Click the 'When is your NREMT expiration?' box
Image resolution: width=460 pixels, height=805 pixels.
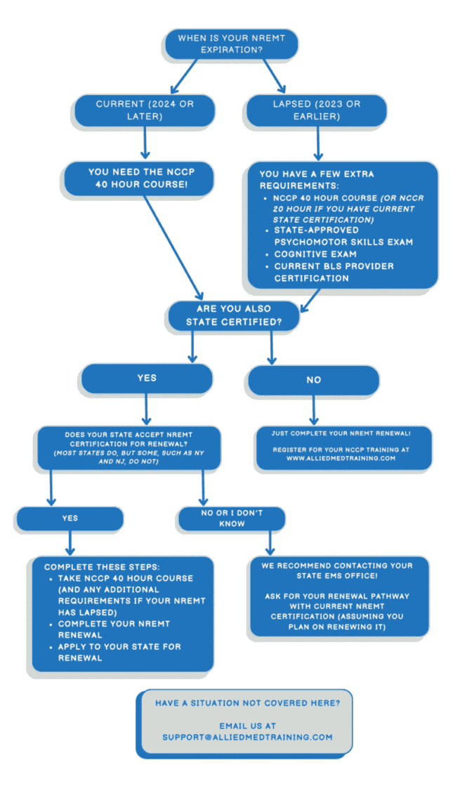click(x=230, y=44)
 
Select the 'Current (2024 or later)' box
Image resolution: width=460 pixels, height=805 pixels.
click(x=145, y=110)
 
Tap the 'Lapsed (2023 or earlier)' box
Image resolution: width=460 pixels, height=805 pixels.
click(x=317, y=110)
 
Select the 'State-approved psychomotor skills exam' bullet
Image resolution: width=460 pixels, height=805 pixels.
click(x=343, y=235)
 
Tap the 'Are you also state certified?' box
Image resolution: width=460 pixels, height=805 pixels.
click(x=232, y=315)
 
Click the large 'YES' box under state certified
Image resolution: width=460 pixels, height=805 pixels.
click(x=146, y=378)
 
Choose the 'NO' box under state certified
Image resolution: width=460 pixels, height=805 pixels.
click(x=313, y=379)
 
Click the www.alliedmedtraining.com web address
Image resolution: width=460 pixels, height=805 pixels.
click(x=341, y=457)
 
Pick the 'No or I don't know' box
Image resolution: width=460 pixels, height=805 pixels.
click(x=231, y=518)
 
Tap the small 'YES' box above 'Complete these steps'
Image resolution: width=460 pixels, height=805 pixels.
click(x=70, y=518)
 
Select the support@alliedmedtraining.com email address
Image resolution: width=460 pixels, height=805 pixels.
click(x=247, y=737)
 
